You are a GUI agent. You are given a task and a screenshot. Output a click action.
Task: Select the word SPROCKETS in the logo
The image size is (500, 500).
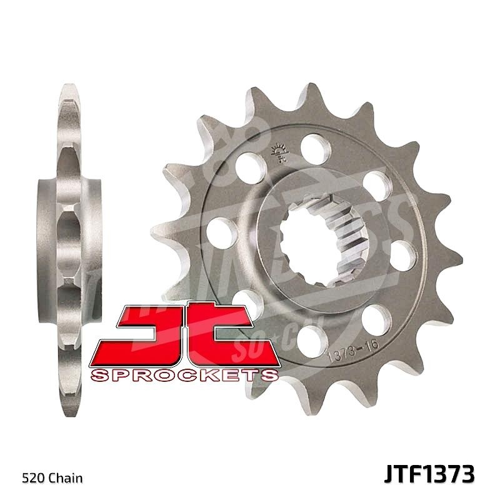tap(184, 374)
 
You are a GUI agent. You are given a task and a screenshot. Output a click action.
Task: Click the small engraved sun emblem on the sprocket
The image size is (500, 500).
tap(277, 152)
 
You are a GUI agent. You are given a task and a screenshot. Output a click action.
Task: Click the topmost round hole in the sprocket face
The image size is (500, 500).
tap(316, 147)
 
